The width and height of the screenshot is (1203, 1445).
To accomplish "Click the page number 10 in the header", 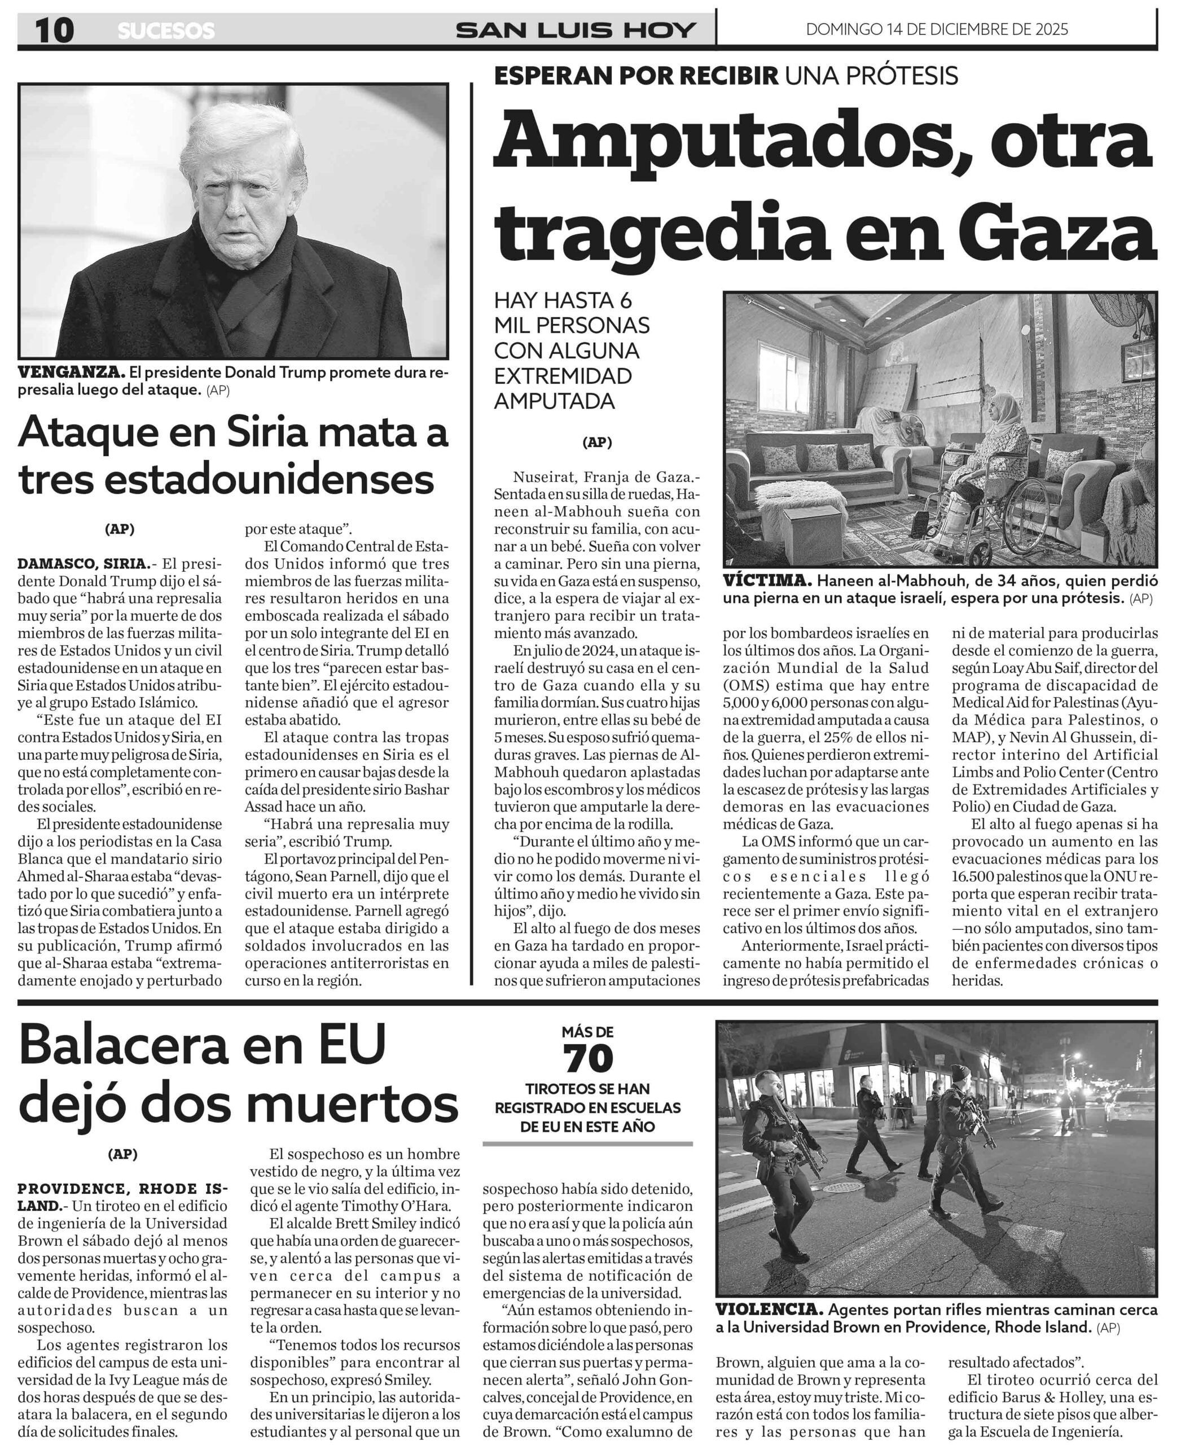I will coord(54,30).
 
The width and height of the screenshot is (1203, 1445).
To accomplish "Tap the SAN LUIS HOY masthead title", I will coord(576,30).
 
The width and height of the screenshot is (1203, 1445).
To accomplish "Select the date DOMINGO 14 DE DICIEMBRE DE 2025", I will coord(937,29).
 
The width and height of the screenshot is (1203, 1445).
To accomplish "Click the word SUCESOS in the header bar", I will coord(166,31).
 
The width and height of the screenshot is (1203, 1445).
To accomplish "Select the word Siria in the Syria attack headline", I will coord(267,432).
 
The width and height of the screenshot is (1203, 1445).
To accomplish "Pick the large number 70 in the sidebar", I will coord(588,1059).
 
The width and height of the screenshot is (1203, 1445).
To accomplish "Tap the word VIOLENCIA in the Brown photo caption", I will coord(769,1309).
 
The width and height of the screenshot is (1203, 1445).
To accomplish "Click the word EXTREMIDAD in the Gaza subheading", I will coord(563,376).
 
